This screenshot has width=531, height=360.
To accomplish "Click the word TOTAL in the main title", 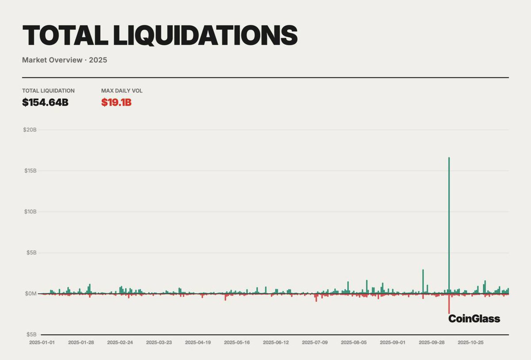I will pyautogui.click(x=64, y=35).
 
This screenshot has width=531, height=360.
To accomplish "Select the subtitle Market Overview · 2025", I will pyautogui.click(x=65, y=60).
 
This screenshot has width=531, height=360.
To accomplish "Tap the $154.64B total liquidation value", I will pyautogui.click(x=45, y=102).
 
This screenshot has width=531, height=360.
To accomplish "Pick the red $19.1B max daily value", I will pyautogui.click(x=116, y=102).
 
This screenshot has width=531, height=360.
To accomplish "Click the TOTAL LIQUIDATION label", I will pyautogui.click(x=48, y=91).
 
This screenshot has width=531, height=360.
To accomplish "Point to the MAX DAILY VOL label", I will pyautogui.click(x=122, y=91).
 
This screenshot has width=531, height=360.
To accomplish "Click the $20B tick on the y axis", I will pyautogui.click(x=30, y=130).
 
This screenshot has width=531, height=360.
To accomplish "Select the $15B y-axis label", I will pyautogui.click(x=30, y=170).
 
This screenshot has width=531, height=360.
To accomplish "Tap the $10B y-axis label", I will pyautogui.click(x=30, y=212).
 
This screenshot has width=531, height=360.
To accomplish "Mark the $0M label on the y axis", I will pyautogui.click(x=30, y=294).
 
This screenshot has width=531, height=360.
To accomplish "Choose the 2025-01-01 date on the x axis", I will pyautogui.click(x=42, y=343).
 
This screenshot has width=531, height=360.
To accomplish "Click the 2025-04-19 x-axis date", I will pyautogui.click(x=198, y=343).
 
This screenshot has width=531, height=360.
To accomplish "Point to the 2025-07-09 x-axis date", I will pyautogui.click(x=315, y=343).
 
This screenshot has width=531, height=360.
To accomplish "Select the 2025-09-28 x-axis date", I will pyautogui.click(x=431, y=343).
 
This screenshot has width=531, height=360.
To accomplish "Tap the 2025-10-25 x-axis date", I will pyautogui.click(x=470, y=343).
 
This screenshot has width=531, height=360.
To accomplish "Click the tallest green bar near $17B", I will pyautogui.click(x=449, y=221).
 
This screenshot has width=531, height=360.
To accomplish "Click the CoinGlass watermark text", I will pyautogui.click(x=474, y=318).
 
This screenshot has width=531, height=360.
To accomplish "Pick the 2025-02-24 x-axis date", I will pyautogui.click(x=120, y=343).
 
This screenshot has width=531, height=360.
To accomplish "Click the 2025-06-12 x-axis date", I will pyautogui.click(x=276, y=343).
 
